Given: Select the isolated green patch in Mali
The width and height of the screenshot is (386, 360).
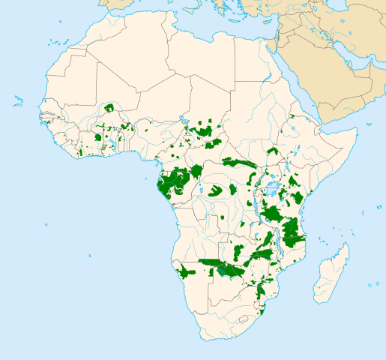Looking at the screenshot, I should coord(109,107).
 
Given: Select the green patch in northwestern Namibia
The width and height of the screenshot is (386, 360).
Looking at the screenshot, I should coord(184,271).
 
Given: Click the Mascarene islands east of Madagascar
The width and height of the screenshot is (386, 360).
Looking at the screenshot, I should coord(372,284).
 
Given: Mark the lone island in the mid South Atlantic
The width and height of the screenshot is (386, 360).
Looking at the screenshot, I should coord(93,255).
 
